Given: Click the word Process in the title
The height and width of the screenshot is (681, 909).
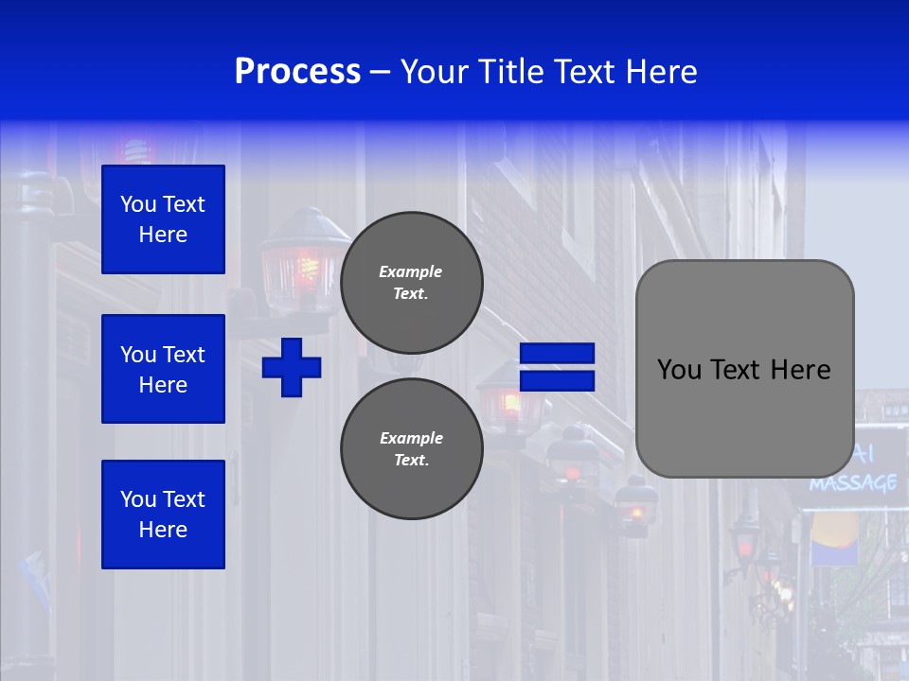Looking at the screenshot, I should click(297, 72).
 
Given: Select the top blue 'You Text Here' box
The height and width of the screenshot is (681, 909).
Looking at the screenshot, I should click(163, 219).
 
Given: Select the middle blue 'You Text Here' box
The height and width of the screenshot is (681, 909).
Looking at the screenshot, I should click(163, 369).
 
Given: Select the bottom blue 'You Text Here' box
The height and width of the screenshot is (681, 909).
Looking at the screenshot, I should click(163, 515).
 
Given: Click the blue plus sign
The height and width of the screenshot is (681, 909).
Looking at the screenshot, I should click(292, 367).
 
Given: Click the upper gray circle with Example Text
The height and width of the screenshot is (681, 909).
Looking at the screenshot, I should click(412, 283).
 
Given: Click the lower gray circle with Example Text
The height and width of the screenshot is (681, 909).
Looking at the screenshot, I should click(412, 449).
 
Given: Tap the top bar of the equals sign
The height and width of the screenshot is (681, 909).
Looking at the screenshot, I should click(558, 354).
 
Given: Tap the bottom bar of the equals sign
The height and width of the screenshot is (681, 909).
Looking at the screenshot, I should click(558, 380).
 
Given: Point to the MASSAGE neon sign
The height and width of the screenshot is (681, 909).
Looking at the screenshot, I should click(853, 483).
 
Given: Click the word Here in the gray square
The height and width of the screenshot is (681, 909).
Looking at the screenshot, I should click(800, 370).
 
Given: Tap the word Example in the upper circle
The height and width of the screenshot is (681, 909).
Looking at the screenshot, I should click(410, 271).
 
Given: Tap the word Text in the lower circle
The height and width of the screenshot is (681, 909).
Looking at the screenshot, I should click(410, 461).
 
